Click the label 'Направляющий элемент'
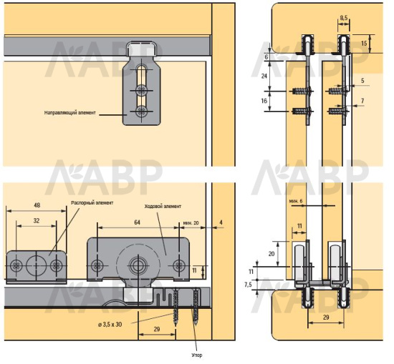[70, 113]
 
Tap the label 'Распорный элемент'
[92, 202]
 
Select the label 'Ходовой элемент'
[163, 207]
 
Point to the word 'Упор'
[196, 355]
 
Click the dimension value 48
[37, 205]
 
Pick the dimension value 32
[37, 221]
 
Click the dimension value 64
[138, 222]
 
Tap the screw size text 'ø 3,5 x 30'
[110, 325]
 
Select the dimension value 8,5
[343, 18]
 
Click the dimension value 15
[364, 43]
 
